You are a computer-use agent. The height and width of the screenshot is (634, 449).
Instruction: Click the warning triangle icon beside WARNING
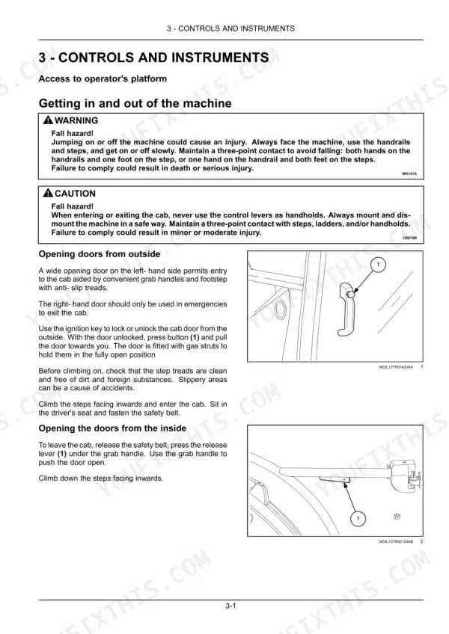click(x=48, y=120)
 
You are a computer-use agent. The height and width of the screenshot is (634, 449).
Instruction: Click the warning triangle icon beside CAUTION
click(x=48, y=193)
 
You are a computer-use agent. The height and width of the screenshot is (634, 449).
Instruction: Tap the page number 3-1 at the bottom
click(x=230, y=606)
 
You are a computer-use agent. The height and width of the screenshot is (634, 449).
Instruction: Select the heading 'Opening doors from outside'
click(x=100, y=254)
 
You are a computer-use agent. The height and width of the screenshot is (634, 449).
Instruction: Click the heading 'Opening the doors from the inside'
click(x=112, y=428)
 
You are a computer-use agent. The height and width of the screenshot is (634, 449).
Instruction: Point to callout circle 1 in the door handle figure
click(x=378, y=265)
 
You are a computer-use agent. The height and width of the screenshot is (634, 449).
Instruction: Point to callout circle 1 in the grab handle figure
click(x=358, y=518)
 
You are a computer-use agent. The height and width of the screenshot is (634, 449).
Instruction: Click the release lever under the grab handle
click(x=335, y=479)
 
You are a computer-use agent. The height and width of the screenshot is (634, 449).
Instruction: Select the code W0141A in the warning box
click(x=409, y=174)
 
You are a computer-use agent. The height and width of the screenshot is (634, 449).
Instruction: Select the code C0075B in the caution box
click(x=409, y=238)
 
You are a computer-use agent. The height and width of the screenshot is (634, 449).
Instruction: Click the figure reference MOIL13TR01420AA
click(x=396, y=367)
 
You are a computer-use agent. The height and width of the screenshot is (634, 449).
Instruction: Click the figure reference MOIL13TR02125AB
click(x=396, y=541)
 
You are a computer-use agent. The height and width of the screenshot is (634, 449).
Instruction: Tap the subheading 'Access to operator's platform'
click(x=103, y=79)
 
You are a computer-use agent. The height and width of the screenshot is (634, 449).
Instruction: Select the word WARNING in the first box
click(x=76, y=120)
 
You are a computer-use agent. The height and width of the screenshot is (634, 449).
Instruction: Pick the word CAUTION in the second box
click(x=75, y=194)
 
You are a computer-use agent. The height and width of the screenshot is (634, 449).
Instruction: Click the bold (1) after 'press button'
click(x=195, y=337)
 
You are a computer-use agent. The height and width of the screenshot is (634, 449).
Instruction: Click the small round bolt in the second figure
click(x=397, y=517)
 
